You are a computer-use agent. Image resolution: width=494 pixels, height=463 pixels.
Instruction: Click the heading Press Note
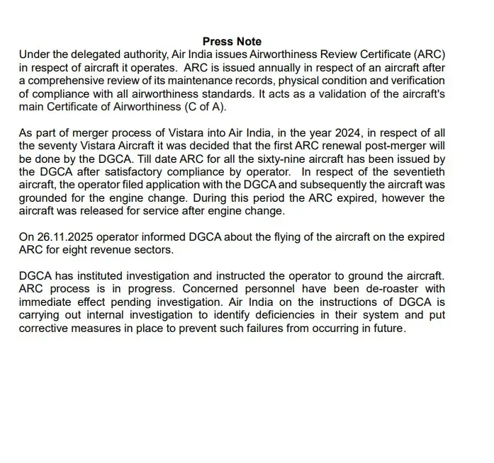tap(232, 42)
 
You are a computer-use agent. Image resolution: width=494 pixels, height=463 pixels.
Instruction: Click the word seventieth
tap(412, 173)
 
